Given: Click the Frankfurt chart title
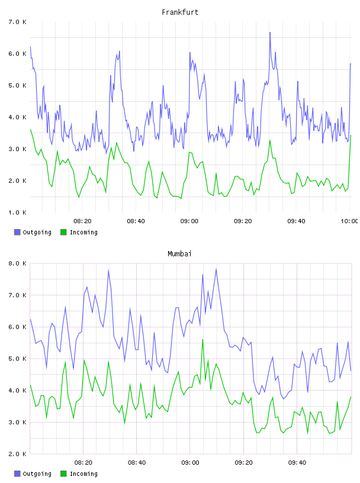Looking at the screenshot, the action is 180,12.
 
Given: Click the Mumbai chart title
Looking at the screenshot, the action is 179,254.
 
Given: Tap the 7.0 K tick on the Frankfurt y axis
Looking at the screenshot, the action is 17,22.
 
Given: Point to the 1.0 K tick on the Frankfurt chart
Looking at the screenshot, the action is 17,212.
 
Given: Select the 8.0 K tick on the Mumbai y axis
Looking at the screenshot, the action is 17,263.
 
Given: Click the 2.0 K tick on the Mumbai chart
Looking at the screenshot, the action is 17,454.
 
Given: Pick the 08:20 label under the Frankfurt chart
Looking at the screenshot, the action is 82,221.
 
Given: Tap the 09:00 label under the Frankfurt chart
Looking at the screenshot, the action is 189,221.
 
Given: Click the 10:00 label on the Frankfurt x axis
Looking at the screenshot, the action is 349,221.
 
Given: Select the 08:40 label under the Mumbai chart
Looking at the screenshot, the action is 137,463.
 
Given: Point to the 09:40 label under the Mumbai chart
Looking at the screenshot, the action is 297,463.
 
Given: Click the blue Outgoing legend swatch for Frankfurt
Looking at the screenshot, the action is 17,232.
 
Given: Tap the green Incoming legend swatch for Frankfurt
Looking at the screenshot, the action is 63,232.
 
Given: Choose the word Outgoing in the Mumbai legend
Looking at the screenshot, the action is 37,474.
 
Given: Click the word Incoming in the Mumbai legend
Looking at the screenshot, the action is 83,474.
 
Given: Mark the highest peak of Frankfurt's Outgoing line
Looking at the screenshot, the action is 270,32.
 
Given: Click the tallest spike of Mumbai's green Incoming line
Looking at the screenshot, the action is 202,339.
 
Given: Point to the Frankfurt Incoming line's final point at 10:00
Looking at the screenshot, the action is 351,135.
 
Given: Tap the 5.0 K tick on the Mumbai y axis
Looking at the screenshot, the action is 17,359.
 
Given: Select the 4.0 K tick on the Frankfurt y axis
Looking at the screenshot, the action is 17,117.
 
